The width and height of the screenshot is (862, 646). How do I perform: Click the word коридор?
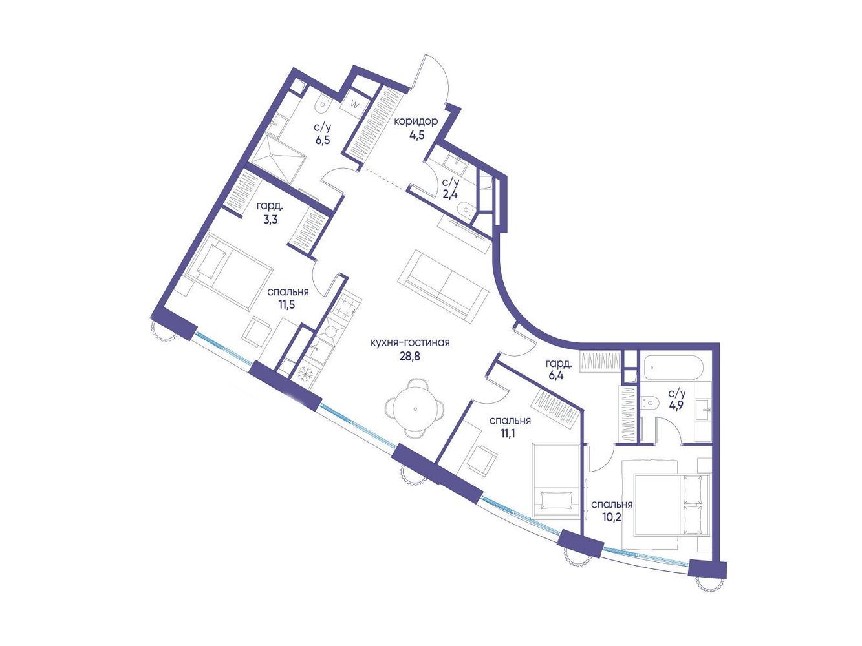[x=416, y=121]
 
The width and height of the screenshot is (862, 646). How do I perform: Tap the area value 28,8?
[x=410, y=357]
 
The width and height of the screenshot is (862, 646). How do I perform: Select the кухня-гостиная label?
[x=410, y=343]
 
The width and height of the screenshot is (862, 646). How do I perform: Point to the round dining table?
[x=415, y=409]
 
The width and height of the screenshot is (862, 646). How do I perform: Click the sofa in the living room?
[x=443, y=286]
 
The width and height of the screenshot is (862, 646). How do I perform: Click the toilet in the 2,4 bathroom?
[x=467, y=210]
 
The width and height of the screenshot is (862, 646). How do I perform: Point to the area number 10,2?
[x=612, y=517]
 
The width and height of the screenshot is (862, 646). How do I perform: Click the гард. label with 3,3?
[x=268, y=206]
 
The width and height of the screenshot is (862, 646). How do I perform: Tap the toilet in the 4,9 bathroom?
[x=649, y=402]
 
